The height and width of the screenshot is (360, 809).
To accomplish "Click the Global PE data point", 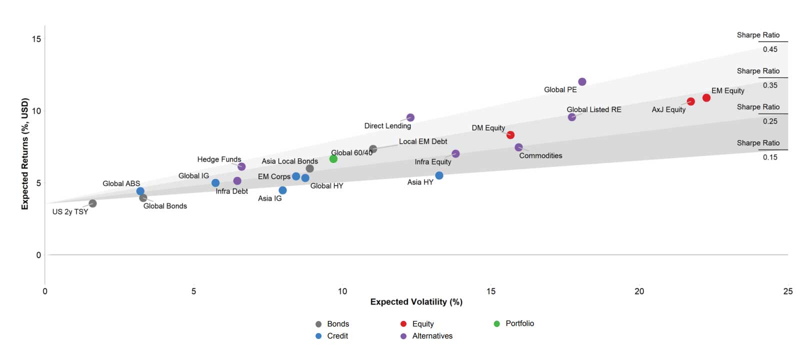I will coord(582,81).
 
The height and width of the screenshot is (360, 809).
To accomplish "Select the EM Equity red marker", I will coord(706,97).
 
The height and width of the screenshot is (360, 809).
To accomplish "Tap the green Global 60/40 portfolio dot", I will coord(333,159).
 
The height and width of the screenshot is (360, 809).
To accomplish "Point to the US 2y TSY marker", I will coord(92,203).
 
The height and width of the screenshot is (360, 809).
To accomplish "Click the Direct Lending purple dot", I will coord(410,117).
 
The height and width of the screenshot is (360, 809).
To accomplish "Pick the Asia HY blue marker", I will coord(439,175).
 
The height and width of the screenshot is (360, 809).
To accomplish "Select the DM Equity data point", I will coord(510,135).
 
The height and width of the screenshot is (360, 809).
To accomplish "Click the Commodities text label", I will coord(540,156).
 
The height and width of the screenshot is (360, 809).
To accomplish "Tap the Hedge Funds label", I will coord(219,159).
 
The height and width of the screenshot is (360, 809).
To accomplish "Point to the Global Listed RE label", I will coord(594,109).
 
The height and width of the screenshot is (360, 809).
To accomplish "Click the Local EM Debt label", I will coord(423,141).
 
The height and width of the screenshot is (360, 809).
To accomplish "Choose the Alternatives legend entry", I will coord(432,336).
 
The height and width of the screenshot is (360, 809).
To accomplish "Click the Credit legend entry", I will coord(337,336).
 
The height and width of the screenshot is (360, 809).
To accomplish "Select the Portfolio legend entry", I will coord(519,323).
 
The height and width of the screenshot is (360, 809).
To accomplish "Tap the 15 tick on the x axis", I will coord(491,291).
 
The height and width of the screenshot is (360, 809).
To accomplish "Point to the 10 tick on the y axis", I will coord(36,111).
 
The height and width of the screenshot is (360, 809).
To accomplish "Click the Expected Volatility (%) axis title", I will coord(416,302).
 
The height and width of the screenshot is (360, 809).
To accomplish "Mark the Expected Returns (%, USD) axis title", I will coord(25,153).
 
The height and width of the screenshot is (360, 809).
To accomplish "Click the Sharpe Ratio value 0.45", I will coord(770,49).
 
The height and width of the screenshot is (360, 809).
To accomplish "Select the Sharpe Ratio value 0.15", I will coord(770,157).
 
